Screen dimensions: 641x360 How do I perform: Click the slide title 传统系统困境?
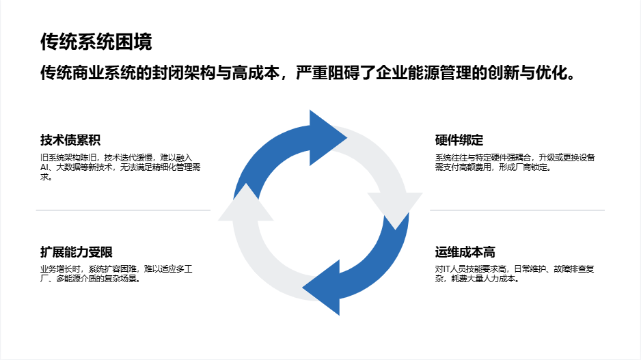click(96, 42)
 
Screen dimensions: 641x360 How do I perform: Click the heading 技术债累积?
click(70, 141)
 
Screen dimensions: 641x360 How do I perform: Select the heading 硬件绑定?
click(459, 141)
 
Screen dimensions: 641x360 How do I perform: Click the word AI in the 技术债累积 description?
click(44, 167)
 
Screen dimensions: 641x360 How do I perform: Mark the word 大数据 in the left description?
click(68, 167)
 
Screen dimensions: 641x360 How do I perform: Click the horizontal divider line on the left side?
click(123, 210)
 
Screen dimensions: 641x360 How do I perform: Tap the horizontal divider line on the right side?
click(517, 210)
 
